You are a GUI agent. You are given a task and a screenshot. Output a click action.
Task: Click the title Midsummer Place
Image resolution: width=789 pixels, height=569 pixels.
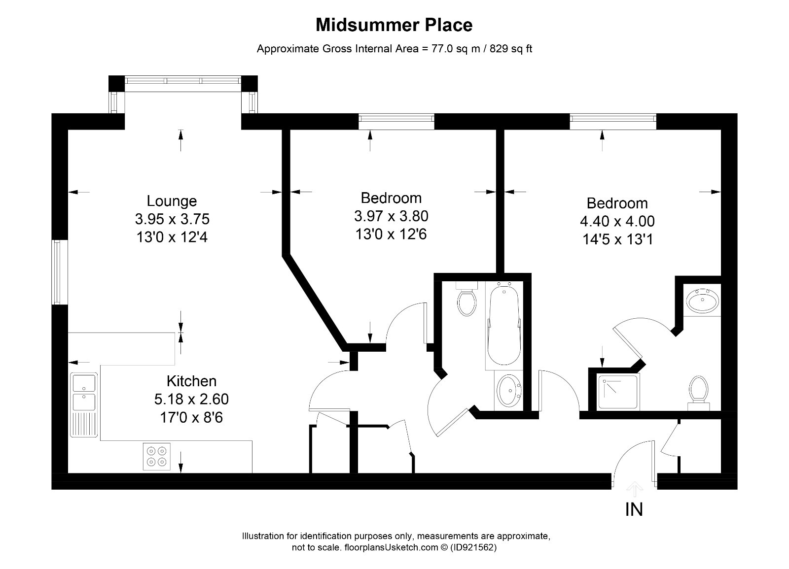click(x=394, y=25)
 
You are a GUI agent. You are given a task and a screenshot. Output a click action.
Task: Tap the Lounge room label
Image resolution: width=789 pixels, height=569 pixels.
click(x=172, y=201)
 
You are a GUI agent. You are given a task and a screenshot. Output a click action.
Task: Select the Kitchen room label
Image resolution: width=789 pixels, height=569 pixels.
click(x=191, y=381)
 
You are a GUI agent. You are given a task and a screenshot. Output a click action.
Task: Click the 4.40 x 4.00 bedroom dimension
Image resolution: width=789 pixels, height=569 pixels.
click(x=617, y=221)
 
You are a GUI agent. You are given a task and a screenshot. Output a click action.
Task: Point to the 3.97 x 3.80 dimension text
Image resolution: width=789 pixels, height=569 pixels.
click(x=391, y=216)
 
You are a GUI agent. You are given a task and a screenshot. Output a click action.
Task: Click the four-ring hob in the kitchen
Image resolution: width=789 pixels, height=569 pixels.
click(x=157, y=456)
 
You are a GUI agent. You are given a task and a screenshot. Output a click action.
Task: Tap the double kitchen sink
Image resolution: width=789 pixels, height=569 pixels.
click(x=84, y=404)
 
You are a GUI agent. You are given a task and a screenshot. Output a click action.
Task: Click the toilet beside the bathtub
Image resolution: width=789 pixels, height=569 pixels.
click(x=466, y=299)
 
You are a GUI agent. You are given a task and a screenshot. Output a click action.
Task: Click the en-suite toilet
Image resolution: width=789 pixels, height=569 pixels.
click(x=698, y=393)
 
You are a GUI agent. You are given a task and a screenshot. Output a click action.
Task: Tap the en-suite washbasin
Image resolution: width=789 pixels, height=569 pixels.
click(x=702, y=300)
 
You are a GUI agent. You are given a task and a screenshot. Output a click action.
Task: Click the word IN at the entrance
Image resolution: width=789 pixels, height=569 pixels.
click(x=634, y=509)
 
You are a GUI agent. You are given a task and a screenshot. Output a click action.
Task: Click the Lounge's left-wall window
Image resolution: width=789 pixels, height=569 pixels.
click(x=60, y=272)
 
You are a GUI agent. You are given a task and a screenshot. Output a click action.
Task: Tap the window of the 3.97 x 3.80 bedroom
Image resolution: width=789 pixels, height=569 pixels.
click(x=396, y=121)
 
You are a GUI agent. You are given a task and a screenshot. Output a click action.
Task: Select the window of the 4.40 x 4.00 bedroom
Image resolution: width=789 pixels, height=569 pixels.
click(x=613, y=121)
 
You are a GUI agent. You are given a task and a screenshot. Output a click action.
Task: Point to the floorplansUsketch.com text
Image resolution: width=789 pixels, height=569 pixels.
click(x=391, y=547)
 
